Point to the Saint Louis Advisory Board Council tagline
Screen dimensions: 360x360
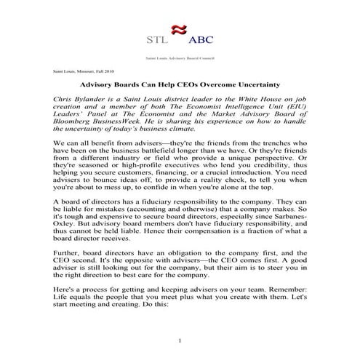(x=180, y=56)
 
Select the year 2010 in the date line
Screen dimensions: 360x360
(x=109, y=72)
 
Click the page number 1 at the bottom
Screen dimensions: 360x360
(x=180, y=342)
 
